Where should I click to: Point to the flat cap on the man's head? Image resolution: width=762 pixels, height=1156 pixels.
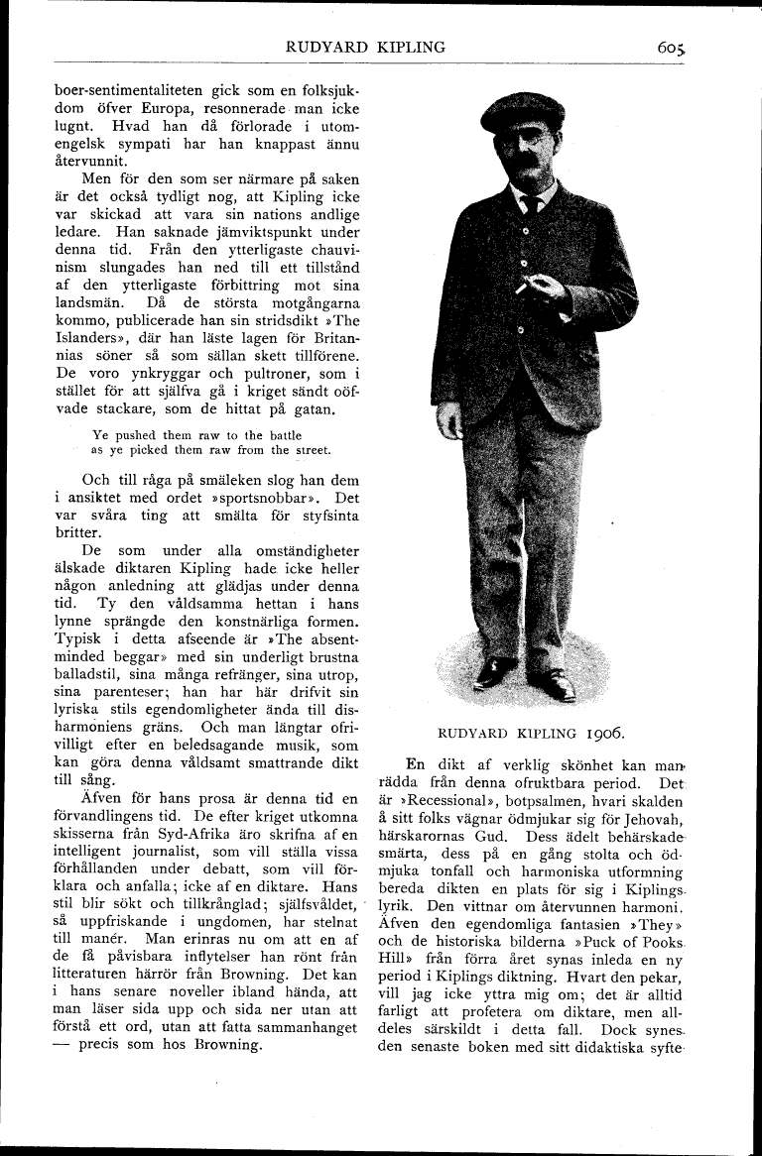click(x=522, y=111)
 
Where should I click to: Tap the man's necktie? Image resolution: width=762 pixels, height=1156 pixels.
click(x=532, y=204)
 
